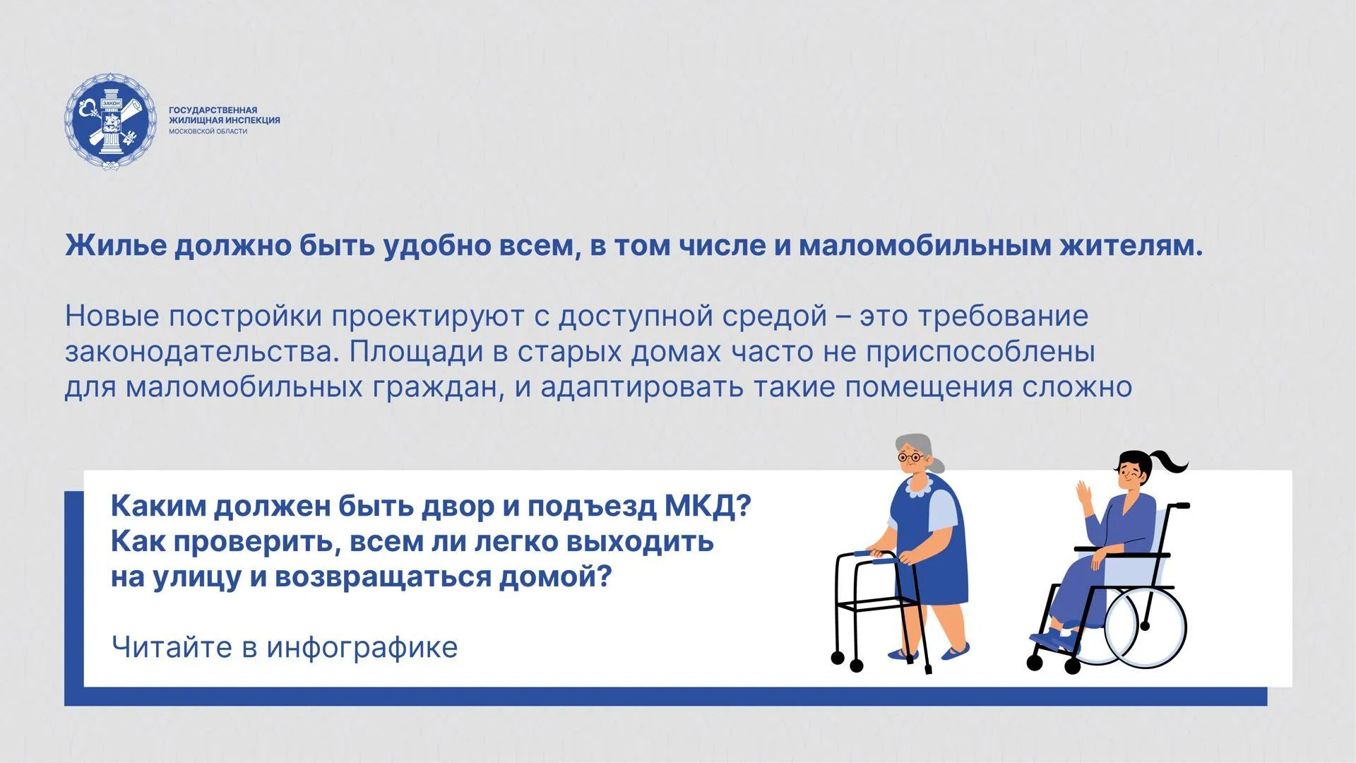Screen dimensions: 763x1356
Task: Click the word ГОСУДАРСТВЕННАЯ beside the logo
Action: [213, 110]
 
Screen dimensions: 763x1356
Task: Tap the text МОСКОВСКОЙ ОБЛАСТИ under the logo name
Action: [208, 131]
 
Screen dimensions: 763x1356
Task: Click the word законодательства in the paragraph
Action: [198, 352]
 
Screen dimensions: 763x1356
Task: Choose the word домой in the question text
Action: [554, 577]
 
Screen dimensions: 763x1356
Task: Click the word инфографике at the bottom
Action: [362, 647]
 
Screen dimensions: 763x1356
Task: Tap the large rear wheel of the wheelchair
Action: [1145, 625]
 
